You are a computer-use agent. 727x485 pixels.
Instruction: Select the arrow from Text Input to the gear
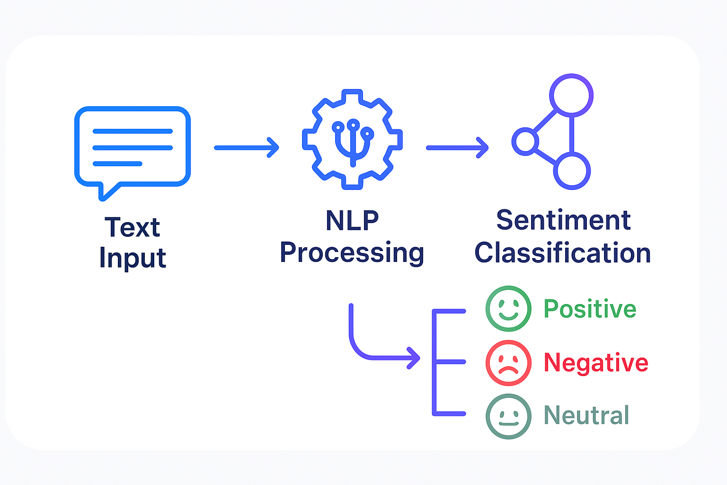pyautogui.click(x=247, y=148)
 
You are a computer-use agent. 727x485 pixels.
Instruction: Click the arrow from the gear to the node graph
pyautogui.click(x=457, y=148)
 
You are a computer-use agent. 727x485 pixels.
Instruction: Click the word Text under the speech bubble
pyautogui.click(x=133, y=227)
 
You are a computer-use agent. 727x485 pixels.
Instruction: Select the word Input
pyautogui.click(x=133, y=258)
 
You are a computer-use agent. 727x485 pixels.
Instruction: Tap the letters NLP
pyautogui.click(x=352, y=221)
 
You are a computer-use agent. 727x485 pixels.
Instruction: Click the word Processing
pyautogui.click(x=352, y=253)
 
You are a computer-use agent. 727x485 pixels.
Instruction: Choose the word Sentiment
pyautogui.click(x=563, y=220)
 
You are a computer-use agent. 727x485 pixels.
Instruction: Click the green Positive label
pyautogui.click(x=590, y=309)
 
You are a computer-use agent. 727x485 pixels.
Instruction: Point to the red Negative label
pyautogui.click(x=596, y=362)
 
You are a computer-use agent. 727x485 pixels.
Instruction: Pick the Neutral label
pyautogui.click(x=586, y=415)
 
